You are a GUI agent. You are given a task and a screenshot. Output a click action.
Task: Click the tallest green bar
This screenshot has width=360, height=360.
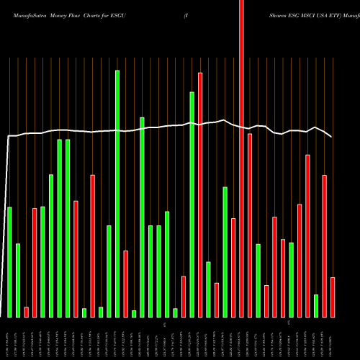tap(117, 194)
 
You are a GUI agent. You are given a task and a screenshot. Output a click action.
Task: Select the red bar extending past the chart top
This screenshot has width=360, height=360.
tap(241, 158)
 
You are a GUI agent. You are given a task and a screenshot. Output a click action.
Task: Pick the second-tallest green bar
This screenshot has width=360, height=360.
tap(192, 204)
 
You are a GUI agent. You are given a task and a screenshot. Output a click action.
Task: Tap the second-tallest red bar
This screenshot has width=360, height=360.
tap(200, 194)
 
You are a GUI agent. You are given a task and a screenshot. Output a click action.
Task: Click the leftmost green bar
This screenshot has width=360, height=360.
tap(9, 262)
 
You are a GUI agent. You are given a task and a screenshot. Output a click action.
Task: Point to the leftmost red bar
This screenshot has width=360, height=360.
tap(26, 312)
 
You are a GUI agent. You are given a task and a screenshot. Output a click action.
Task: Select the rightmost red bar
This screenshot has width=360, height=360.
tap(333, 297)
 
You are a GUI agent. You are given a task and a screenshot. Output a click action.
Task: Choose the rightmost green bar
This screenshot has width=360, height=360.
tap(316, 305)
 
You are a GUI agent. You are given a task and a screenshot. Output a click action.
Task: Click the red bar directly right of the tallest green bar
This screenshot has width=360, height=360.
tap(125, 284)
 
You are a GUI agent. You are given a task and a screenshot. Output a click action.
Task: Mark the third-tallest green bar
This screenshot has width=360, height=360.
tap(143, 217)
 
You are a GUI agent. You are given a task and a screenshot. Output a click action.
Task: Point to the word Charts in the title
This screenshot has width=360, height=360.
tap(98, 14)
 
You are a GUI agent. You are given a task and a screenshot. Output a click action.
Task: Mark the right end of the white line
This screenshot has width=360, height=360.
tap(331, 137)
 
